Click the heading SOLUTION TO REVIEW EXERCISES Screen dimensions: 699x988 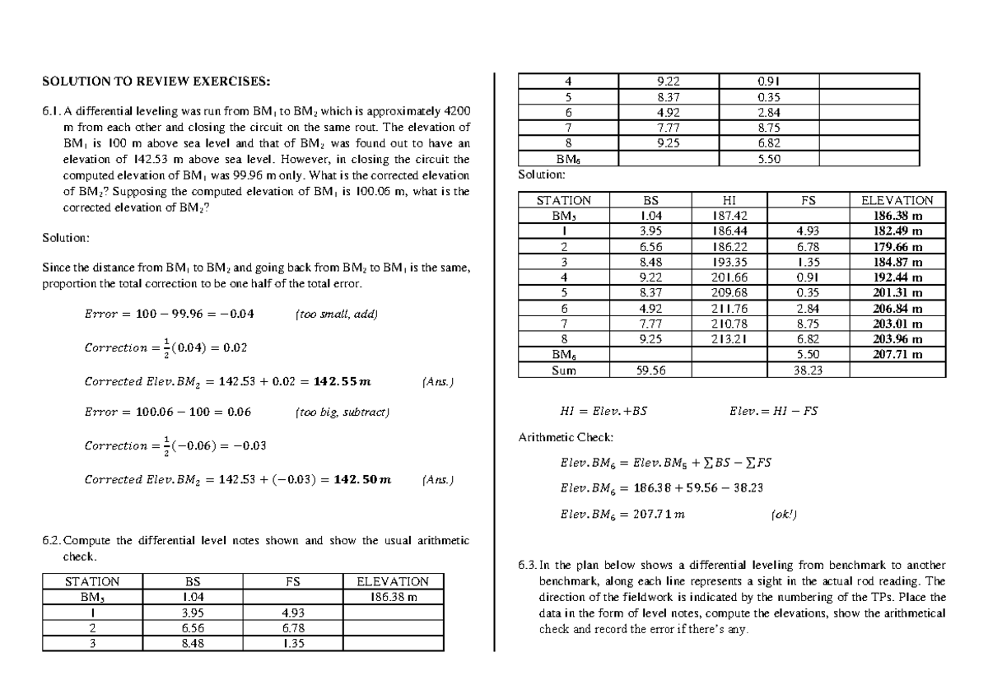tap(156, 81)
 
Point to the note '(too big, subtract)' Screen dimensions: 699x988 tap(342, 412)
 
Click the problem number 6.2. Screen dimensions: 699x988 tap(51, 541)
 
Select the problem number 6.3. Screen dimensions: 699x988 tap(527, 566)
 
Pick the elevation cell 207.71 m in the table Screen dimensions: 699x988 tap(897, 355)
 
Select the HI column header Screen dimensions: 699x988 tap(729, 200)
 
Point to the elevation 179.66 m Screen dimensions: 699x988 tap(897, 246)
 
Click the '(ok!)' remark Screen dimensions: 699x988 tap(782, 515)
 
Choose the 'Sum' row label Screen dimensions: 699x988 tap(564, 370)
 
